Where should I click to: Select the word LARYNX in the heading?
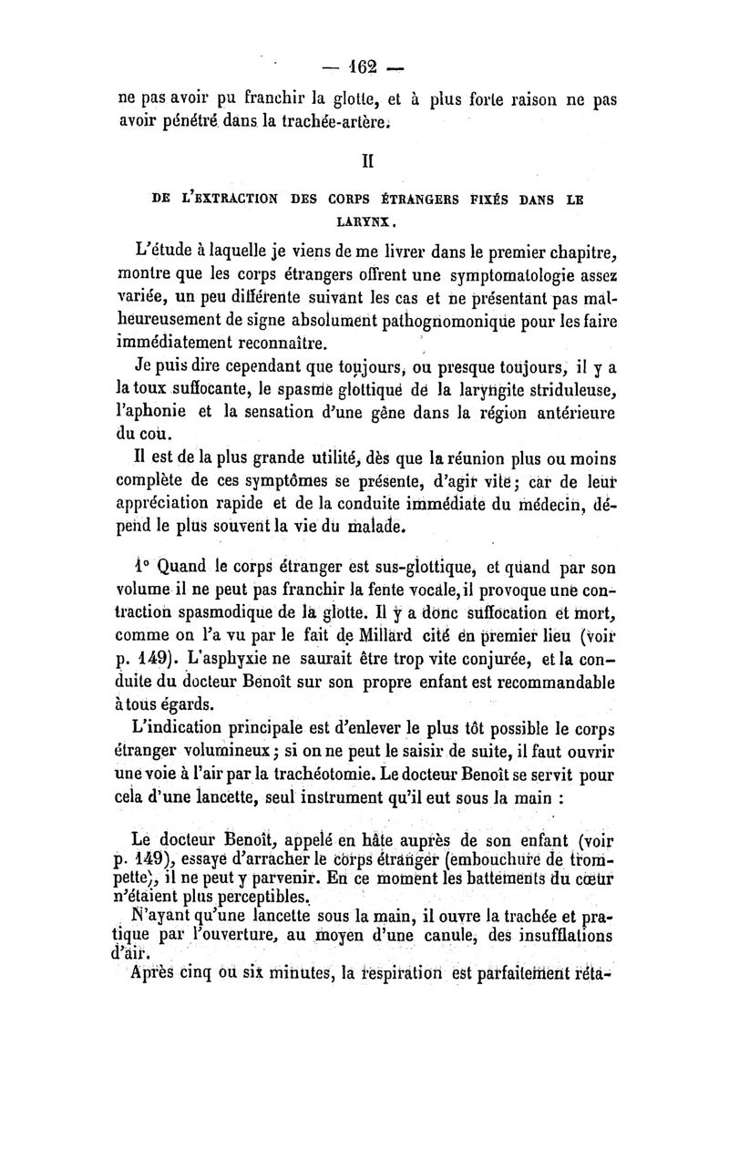click(x=364, y=221)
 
